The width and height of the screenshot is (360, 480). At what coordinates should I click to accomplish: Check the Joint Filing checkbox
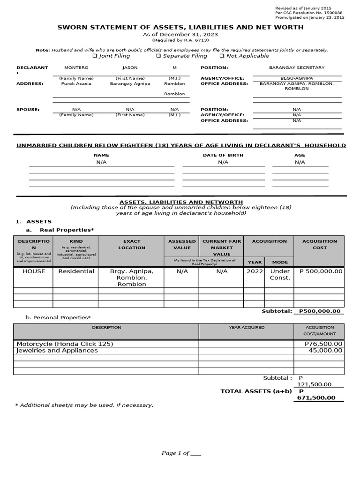[95, 56]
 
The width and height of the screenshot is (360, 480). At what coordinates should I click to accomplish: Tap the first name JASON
[130, 67]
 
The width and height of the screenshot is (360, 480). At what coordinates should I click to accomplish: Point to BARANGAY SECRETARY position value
[296, 67]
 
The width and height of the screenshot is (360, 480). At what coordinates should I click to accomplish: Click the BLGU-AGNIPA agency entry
[296, 78]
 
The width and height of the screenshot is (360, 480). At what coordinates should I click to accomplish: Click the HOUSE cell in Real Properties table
[34, 271]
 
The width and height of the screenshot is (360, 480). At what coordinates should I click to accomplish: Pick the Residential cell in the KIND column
[76, 271]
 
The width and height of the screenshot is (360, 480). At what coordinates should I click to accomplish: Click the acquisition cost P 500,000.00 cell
[321, 271]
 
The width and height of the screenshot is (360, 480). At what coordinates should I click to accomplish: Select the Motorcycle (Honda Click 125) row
[65, 344]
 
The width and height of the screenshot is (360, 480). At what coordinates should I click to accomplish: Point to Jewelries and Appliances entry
[57, 350]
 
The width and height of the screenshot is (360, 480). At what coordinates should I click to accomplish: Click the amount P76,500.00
[323, 344]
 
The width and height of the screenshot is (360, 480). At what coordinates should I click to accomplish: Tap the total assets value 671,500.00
[316, 398]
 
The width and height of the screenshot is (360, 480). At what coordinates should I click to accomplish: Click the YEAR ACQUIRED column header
[247, 327]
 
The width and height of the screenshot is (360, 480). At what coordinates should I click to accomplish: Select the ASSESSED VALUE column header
[182, 244]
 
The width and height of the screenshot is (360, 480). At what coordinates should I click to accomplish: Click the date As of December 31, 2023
[180, 35]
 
